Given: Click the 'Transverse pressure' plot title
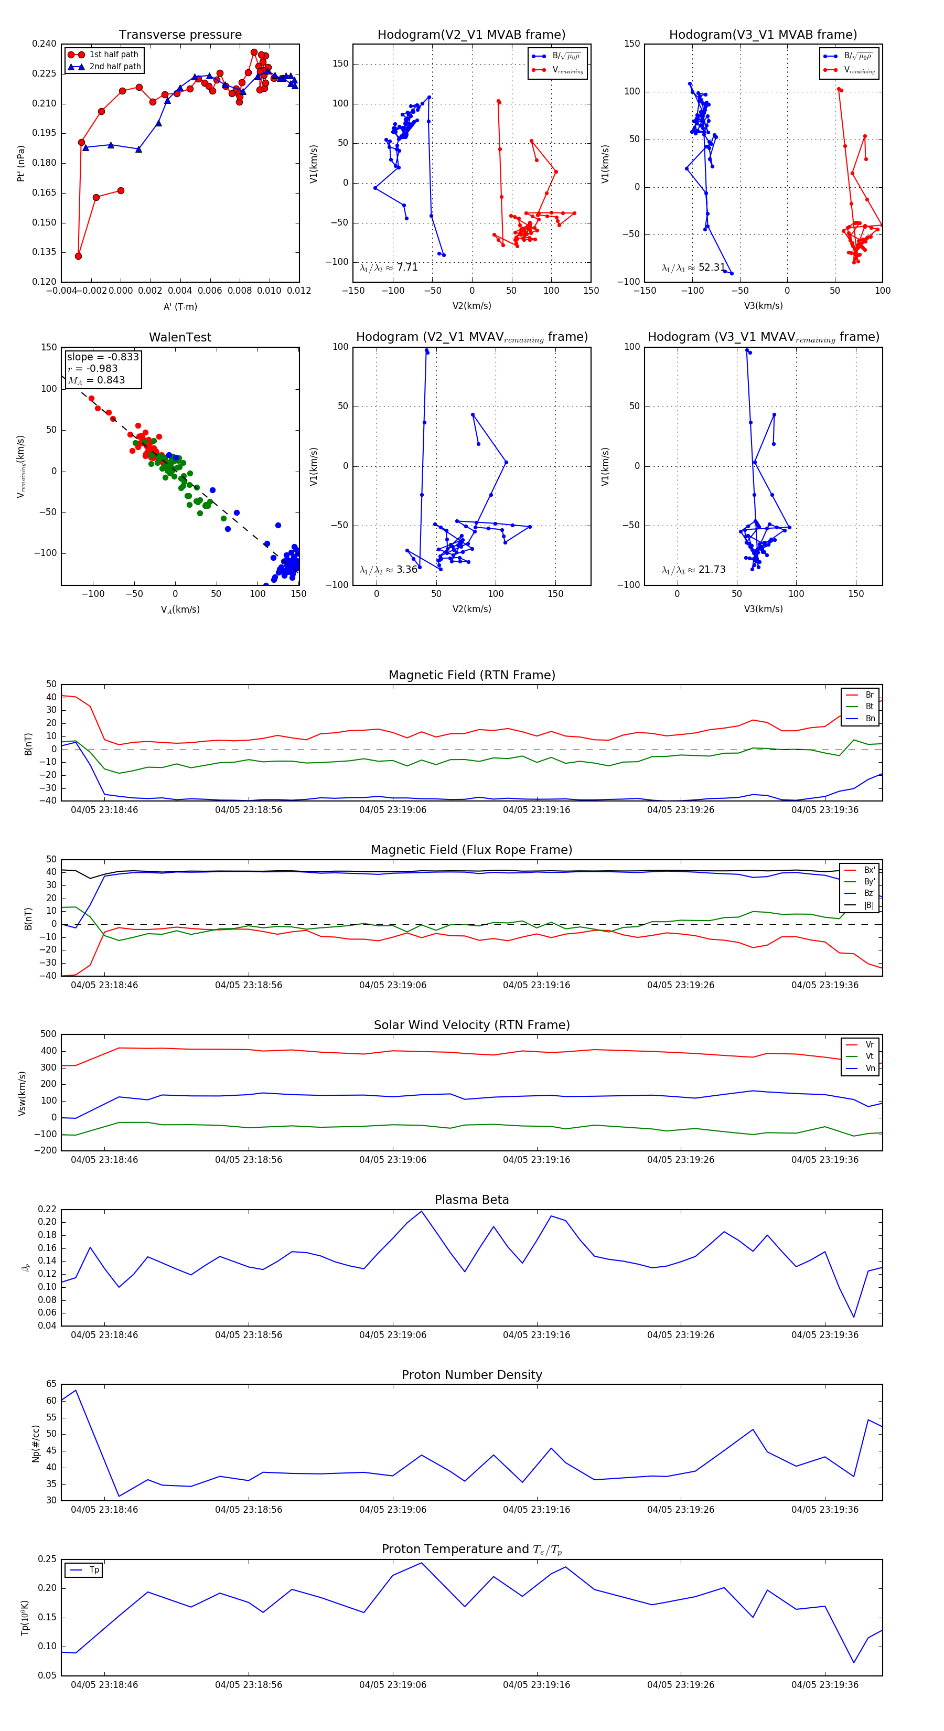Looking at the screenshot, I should (x=180, y=35).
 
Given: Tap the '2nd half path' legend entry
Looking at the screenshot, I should (x=115, y=67).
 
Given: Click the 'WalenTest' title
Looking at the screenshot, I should (x=180, y=337).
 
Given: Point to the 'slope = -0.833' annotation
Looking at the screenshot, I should (x=103, y=357).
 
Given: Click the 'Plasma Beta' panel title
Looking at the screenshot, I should (x=471, y=1200).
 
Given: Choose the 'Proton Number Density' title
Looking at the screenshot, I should (x=471, y=1374).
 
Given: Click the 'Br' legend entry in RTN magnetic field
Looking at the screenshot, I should (x=870, y=695).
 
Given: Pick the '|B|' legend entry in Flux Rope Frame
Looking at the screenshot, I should (x=869, y=905).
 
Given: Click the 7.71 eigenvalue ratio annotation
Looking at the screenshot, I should (x=389, y=268).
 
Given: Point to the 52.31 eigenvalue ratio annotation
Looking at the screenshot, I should (x=693, y=268).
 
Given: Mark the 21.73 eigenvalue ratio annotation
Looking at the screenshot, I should (x=693, y=570).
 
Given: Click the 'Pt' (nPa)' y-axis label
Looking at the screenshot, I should (x=21, y=163).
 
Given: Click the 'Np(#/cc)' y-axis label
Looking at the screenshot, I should (x=36, y=1444).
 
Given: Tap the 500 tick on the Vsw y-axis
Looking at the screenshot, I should (x=48, y=1034).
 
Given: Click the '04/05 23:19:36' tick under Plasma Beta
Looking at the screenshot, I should (x=824, y=1334).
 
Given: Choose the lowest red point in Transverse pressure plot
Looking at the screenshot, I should (x=79, y=256).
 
